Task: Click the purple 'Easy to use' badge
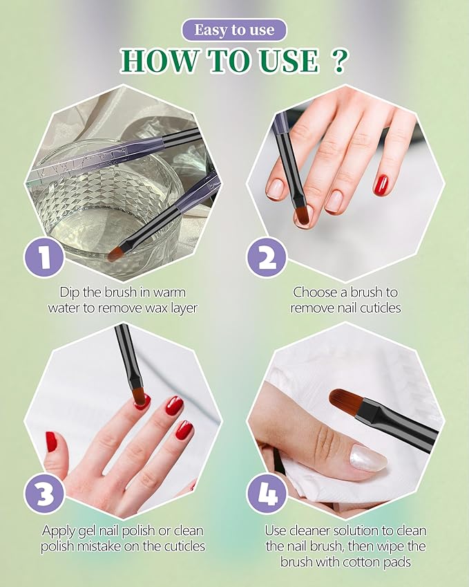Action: pyautogui.click(x=234, y=30)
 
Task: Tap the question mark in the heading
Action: pyautogui.click(x=338, y=62)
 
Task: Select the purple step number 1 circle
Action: pyautogui.click(x=44, y=259)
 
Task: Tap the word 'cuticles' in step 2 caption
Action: pyautogui.click(x=377, y=308)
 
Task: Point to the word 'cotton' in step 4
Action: pyautogui.click(x=372, y=561)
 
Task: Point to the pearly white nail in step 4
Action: pyautogui.click(x=367, y=458)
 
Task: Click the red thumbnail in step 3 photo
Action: pyautogui.click(x=50, y=441)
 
